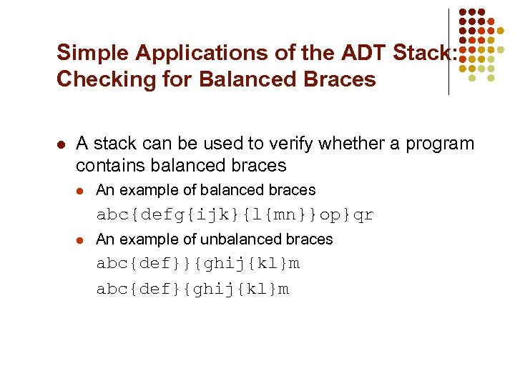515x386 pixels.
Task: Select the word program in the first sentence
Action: tap(440, 144)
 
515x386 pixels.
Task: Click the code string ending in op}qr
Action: tap(235, 215)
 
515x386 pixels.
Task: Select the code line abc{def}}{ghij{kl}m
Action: tap(198, 264)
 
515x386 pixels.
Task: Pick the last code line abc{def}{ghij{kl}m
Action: tap(193, 289)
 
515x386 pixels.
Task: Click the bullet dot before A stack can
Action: tap(61, 144)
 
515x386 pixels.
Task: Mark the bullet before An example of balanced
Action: tap(81, 191)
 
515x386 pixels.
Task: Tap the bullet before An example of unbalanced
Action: tap(81, 239)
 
